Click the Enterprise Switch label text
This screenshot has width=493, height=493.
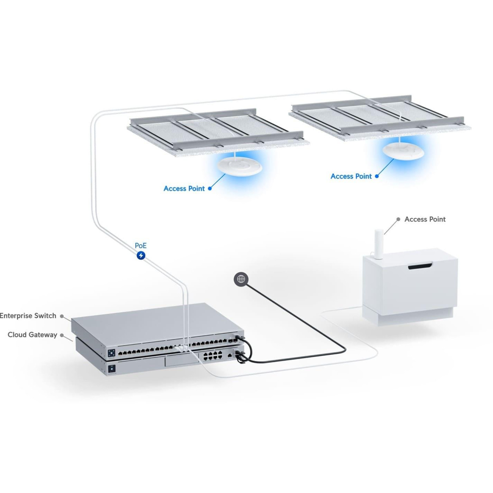click(x=28, y=316)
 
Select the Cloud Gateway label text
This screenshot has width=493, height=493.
click(x=32, y=335)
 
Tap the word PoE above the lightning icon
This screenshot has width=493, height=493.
click(x=141, y=246)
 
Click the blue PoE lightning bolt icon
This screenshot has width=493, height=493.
click(x=141, y=255)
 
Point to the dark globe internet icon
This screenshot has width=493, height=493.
click(x=241, y=279)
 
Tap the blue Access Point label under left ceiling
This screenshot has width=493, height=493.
click(x=184, y=189)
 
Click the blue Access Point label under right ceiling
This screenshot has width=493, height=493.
click(x=351, y=176)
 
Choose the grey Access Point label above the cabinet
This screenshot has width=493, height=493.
click(x=425, y=219)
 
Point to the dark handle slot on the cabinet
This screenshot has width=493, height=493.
click(x=420, y=267)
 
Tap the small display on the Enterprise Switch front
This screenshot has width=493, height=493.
click(x=112, y=352)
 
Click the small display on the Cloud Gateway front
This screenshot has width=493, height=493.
click(x=112, y=369)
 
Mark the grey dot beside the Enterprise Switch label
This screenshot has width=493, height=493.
click(x=62, y=316)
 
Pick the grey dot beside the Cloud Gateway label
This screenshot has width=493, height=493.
click(x=62, y=335)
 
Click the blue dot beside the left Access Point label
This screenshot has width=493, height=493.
click(x=210, y=189)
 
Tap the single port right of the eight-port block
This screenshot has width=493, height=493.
click(x=229, y=355)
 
